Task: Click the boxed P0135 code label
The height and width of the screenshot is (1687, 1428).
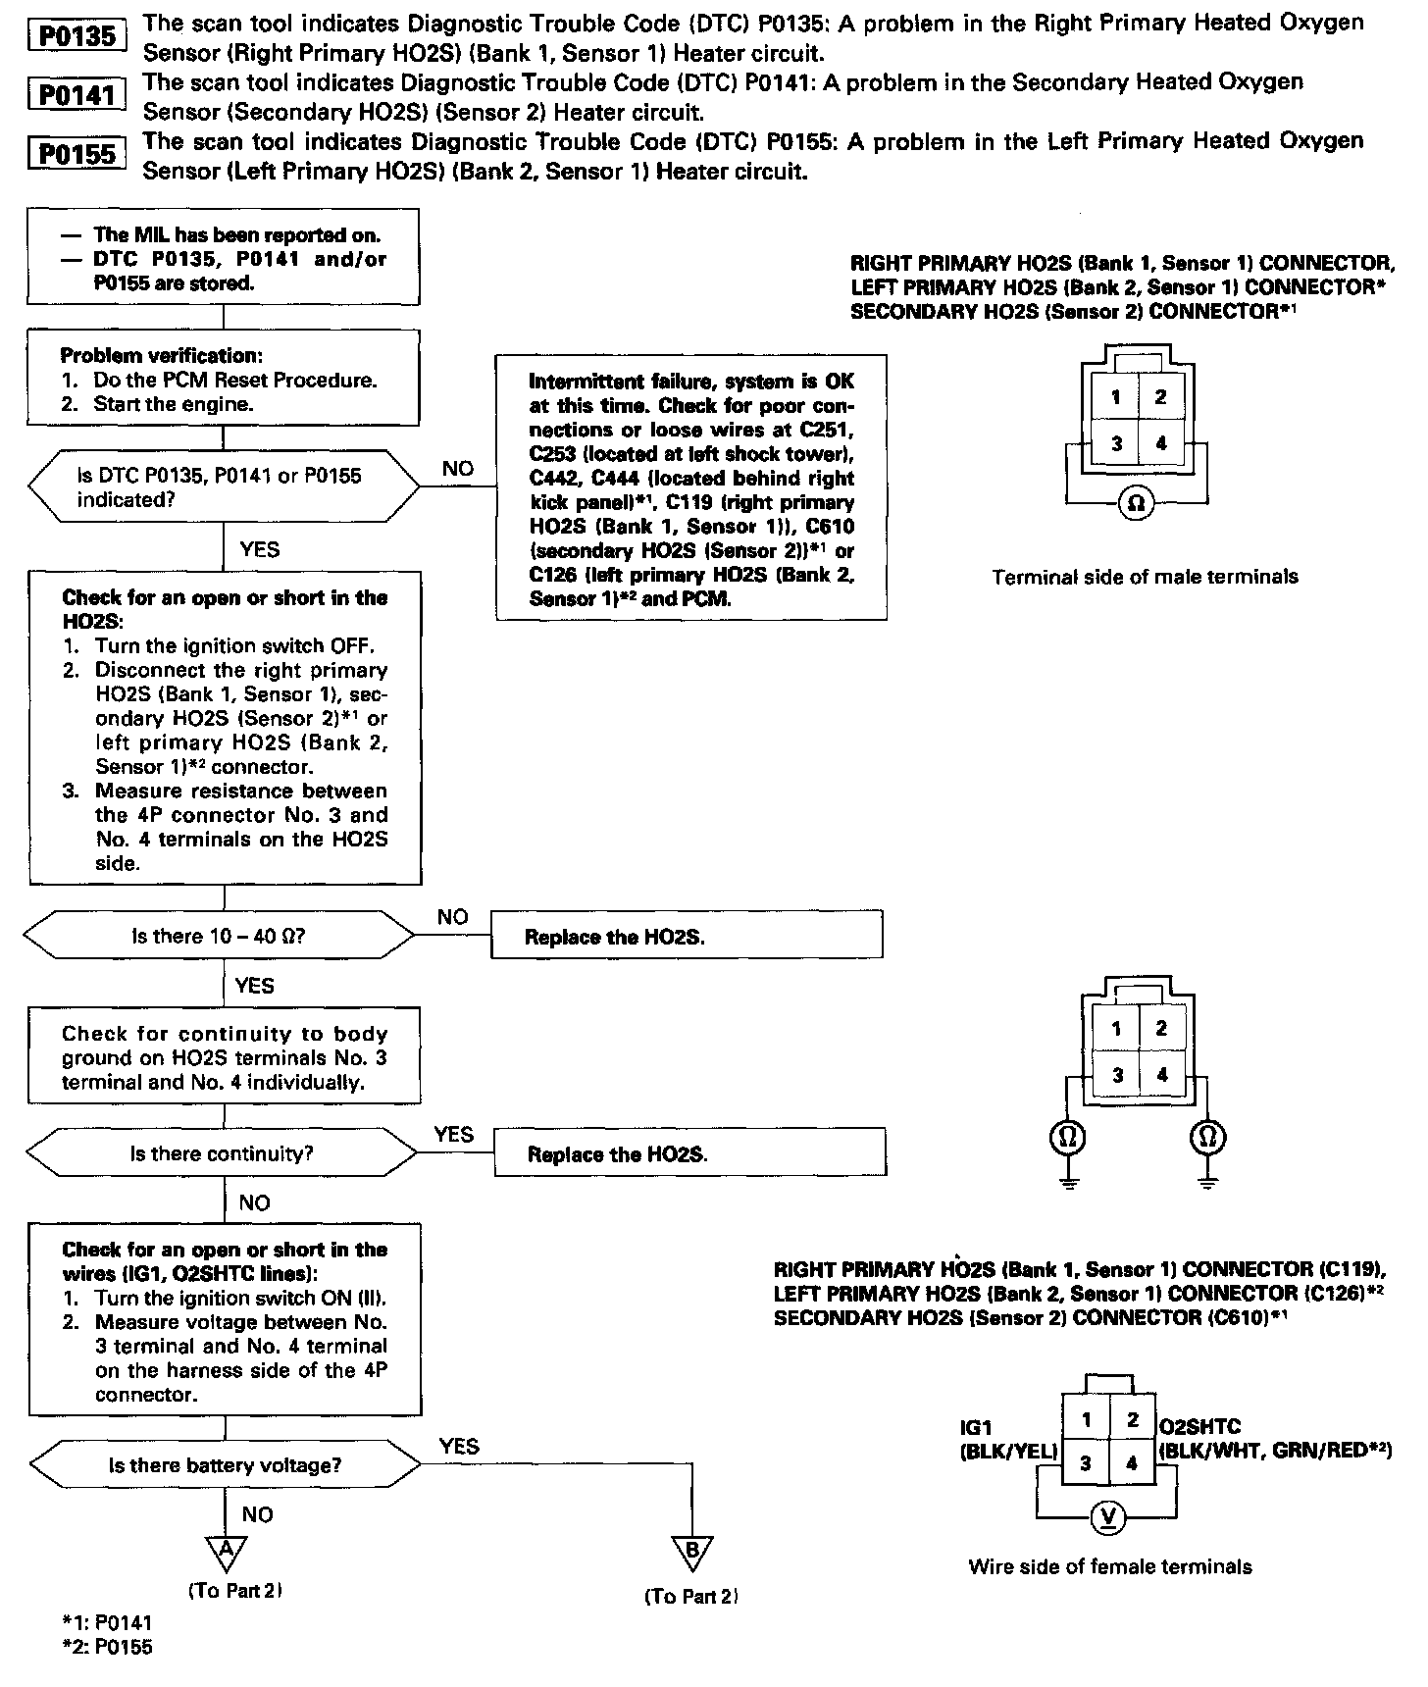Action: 77,37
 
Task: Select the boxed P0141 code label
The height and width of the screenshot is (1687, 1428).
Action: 77,95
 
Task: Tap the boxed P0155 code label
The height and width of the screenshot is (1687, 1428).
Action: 77,154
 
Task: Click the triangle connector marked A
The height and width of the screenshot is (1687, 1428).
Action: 227,1551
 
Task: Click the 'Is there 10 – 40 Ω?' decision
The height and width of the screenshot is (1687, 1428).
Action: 219,936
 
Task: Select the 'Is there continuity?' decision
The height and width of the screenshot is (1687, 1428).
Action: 222,1153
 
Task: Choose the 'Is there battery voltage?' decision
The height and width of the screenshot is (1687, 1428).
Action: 225,1465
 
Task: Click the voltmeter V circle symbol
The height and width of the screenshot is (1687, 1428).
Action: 1109,1517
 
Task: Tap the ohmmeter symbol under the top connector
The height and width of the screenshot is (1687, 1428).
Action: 1136,504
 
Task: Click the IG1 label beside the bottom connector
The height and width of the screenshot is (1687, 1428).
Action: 977,1427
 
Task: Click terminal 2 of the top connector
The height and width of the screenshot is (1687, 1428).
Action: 1161,397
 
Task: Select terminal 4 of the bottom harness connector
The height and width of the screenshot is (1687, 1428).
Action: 1132,1463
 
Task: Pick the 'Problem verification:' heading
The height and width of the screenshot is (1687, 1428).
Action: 161,355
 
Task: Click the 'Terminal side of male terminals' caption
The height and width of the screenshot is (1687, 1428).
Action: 1145,577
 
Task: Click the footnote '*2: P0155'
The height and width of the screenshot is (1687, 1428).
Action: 107,1647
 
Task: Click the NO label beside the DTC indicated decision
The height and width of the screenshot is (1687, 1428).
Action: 458,469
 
